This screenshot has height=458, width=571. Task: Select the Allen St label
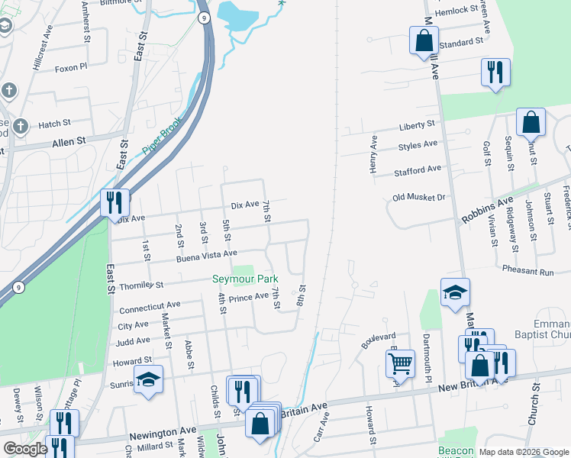[69, 142]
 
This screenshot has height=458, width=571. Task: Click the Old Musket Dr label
[418, 197]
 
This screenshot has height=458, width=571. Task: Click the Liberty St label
[417, 124]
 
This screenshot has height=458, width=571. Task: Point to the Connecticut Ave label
[150, 308]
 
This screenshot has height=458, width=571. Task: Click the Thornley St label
[141, 287]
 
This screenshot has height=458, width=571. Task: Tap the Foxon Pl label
[72, 68]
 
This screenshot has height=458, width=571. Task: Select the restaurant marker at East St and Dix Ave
[115, 203]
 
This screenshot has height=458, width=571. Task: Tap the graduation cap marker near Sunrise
[148, 379]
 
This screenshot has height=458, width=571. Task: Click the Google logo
[26, 449]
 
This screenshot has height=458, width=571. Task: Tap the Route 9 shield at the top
[204, 17]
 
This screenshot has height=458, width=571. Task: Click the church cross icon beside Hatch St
[21, 125]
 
